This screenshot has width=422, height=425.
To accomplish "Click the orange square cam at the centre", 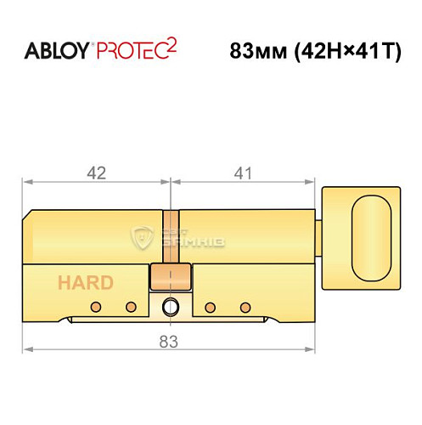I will [168, 276].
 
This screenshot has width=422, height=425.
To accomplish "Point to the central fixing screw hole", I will [170, 306].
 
